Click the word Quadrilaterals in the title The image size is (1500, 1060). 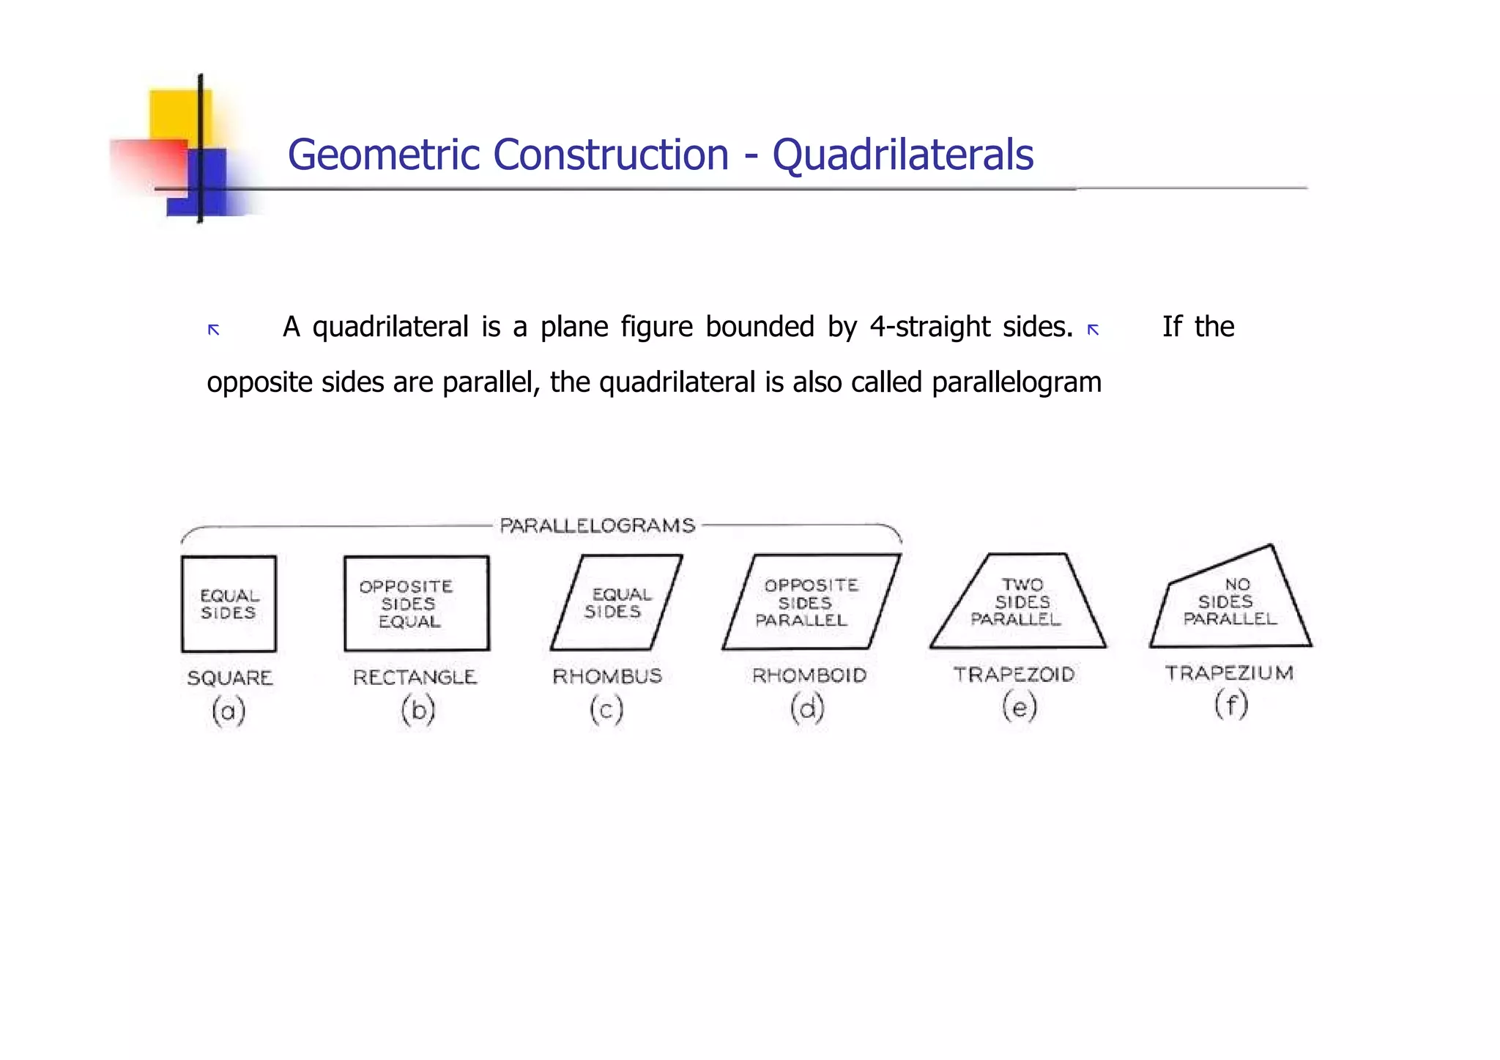pos(902,155)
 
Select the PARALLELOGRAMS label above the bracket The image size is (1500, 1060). pos(597,525)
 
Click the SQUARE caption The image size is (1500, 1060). pos(229,678)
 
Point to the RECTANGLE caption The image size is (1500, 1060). pos(415,677)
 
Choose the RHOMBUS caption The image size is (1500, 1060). pos(607,675)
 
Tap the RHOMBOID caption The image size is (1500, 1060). pos(809,675)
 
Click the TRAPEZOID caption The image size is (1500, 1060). pos(1014,674)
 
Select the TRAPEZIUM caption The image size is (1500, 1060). pos(1229,672)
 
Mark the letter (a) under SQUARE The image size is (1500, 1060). pos(229,711)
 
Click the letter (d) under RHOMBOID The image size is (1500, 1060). pos(807,708)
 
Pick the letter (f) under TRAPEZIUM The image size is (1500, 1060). pos(1230,705)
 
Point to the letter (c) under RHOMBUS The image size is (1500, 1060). pos(606,709)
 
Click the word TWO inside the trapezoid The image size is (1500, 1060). pos(1022,585)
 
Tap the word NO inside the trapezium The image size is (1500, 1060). pos(1237,584)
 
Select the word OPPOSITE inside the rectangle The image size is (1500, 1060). pos(406,587)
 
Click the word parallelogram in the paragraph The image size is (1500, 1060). pos(1017,382)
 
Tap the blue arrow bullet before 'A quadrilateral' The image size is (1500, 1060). pos(214,330)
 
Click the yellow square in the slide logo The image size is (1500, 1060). pos(177,114)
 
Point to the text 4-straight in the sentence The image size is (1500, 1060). pos(930,327)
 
